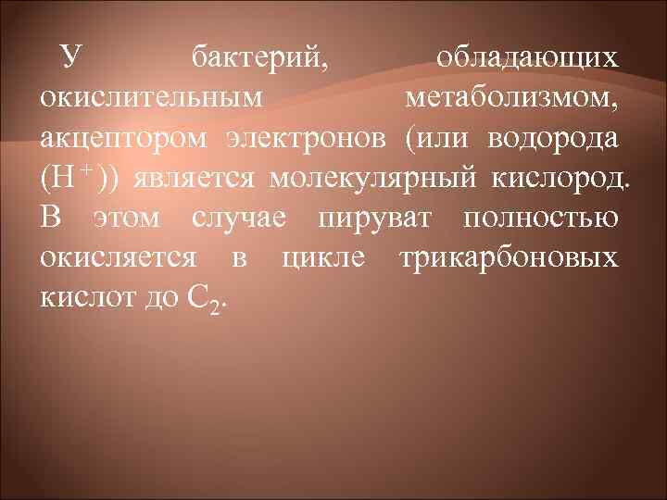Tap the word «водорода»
click(558, 138)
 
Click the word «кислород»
click(552, 177)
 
